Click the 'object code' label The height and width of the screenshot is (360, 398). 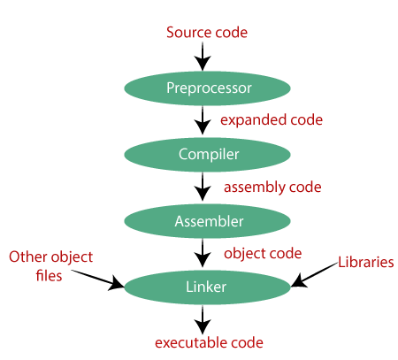click(x=262, y=253)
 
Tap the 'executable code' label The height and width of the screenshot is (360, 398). click(x=209, y=341)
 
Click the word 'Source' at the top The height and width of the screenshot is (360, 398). click(x=187, y=33)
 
